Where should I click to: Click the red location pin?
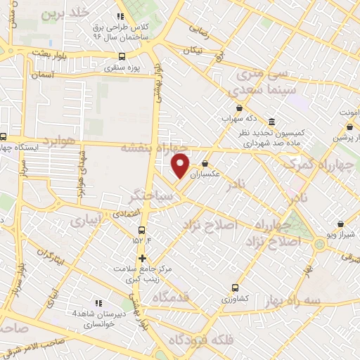coord(181,165)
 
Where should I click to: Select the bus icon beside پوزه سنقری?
coord(123,57)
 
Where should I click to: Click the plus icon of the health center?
coord(143,257)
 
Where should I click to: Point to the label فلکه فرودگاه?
coord(200,341)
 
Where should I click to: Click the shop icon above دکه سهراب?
coord(240,108)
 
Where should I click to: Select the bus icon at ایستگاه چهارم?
coord(4,138)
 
